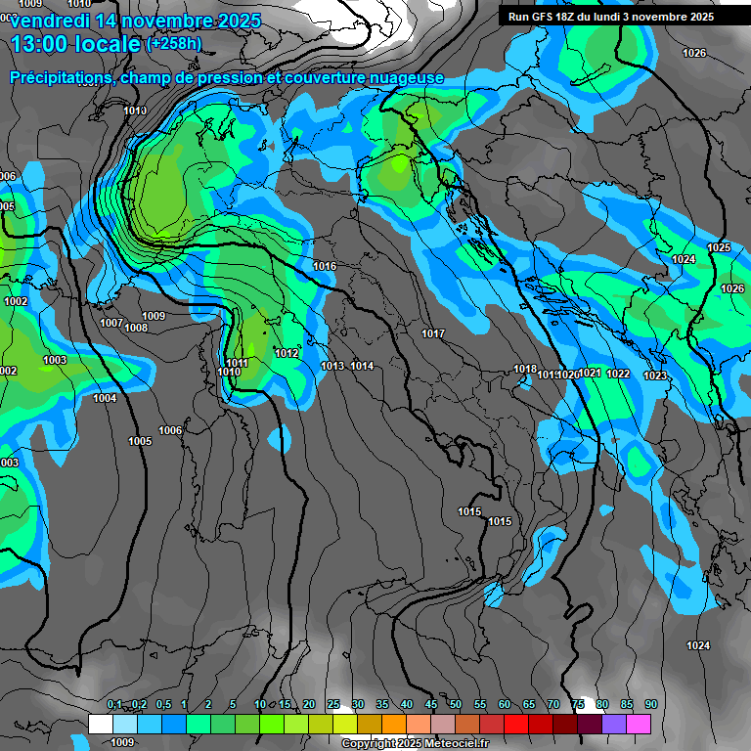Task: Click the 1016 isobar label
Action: tap(325, 267)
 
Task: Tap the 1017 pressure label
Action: tap(433, 334)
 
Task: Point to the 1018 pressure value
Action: tap(525, 370)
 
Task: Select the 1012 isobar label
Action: tap(287, 354)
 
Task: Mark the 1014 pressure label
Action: tap(363, 367)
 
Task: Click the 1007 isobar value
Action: tap(111, 324)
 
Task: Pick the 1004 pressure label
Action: tap(105, 399)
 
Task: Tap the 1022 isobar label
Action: tap(618, 375)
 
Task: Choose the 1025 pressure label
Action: tap(719, 248)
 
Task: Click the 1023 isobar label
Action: tap(655, 376)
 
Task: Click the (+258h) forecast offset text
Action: tap(174, 43)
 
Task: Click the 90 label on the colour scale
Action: tap(650, 705)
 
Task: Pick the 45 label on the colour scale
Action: tap(431, 705)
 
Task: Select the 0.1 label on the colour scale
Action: tap(114, 705)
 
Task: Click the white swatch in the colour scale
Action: tap(100, 724)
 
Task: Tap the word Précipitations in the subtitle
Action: tap(61, 78)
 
